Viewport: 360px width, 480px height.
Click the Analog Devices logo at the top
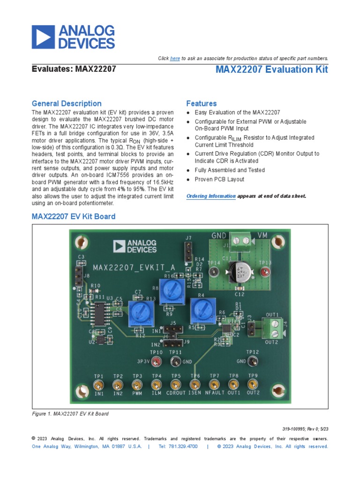(x=73, y=37)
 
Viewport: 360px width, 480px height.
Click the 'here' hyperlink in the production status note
(x=175, y=58)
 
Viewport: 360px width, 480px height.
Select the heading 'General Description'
(x=66, y=104)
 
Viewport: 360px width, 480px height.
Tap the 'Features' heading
(x=202, y=104)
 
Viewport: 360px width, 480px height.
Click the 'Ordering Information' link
(x=211, y=196)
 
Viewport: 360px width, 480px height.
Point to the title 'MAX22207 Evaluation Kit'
(x=272, y=70)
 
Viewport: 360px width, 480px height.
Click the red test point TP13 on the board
(x=265, y=272)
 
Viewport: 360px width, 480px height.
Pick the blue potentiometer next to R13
(x=139, y=314)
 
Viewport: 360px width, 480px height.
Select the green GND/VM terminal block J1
(x=242, y=242)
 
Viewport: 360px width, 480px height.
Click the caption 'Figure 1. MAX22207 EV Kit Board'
(x=70, y=414)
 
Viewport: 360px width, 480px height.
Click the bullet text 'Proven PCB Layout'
(x=219, y=180)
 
